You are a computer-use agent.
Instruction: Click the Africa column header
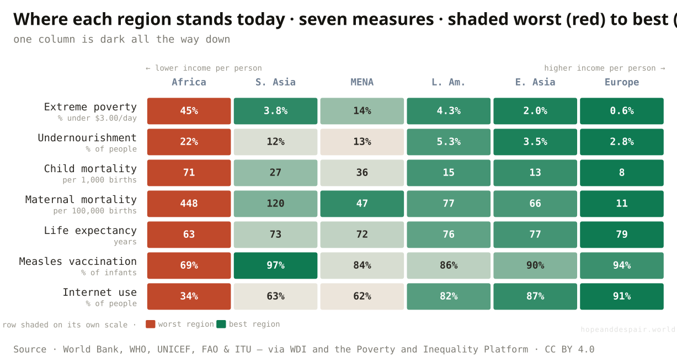click(189, 82)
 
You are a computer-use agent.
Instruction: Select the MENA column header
click(362, 82)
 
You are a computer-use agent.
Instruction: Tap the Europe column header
click(622, 82)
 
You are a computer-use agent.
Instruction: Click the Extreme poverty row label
click(90, 107)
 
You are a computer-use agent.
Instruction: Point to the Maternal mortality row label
click(81, 200)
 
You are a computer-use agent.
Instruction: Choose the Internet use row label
click(99, 292)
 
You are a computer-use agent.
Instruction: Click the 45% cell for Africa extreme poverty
click(189, 111)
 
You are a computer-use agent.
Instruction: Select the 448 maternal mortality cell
click(189, 204)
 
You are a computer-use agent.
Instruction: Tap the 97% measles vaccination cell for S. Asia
click(276, 265)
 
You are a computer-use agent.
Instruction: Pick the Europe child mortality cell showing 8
click(622, 173)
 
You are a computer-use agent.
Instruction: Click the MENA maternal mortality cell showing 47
click(362, 204)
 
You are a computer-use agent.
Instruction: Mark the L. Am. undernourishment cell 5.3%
click(449, 142)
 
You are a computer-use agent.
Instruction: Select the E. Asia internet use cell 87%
click(535, 296)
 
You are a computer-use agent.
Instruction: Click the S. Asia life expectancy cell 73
click(276, 235)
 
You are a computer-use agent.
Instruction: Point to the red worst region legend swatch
click(151, 324)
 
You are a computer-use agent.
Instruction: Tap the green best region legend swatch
click(221, 324)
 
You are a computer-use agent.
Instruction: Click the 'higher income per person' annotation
click(605, 68)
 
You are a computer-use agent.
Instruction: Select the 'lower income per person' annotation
click(204, 68)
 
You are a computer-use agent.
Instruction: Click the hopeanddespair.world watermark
click(628, 329)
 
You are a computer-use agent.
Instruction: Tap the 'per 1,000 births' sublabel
click(99, 180)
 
